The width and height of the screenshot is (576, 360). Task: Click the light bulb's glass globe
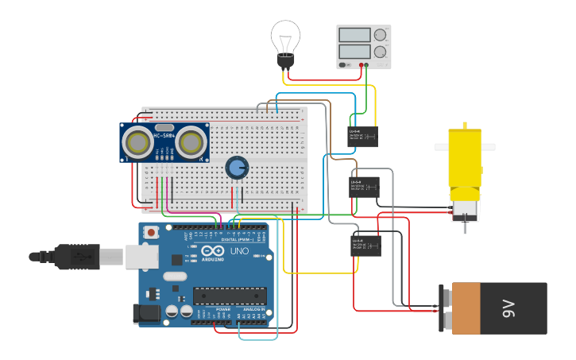pos(285,36)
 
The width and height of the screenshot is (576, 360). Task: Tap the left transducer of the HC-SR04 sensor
pos(139,143)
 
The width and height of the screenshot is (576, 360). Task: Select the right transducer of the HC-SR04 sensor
pos(191,143)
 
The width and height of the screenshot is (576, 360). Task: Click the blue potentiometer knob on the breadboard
pos(236,167)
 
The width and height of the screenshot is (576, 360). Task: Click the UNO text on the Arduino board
pos(239,251)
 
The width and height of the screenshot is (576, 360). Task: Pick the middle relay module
pos(365,188)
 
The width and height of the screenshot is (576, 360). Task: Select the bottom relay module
pos(365,246)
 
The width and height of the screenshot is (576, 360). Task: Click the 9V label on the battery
pos(508,308)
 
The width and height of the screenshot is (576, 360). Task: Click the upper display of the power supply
pos(354,35)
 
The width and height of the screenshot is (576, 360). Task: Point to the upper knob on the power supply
pos(381,35)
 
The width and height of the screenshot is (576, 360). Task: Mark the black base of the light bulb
pos(285,61)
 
